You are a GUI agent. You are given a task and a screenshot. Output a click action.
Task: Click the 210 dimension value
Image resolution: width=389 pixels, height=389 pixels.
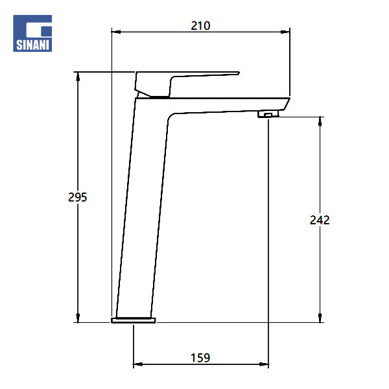[200, 26]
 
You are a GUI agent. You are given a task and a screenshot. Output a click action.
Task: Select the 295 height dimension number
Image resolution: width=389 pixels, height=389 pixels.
[78, 197]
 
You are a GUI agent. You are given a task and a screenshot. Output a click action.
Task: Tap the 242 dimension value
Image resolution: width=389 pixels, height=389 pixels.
[320, 220]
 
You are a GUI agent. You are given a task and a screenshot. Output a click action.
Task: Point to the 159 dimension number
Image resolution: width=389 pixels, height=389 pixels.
[200, 358]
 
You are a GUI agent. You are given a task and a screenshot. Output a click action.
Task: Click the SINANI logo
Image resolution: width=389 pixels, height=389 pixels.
[32, 33]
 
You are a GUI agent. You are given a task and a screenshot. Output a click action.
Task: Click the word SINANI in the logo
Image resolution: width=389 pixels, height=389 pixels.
[32, 45]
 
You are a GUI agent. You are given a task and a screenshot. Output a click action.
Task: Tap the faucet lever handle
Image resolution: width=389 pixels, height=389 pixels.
[187, 84]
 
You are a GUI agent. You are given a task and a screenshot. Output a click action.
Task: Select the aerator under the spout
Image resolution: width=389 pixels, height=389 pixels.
[268, 114]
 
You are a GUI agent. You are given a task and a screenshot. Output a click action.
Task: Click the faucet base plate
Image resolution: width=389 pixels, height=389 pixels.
[134, 320]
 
